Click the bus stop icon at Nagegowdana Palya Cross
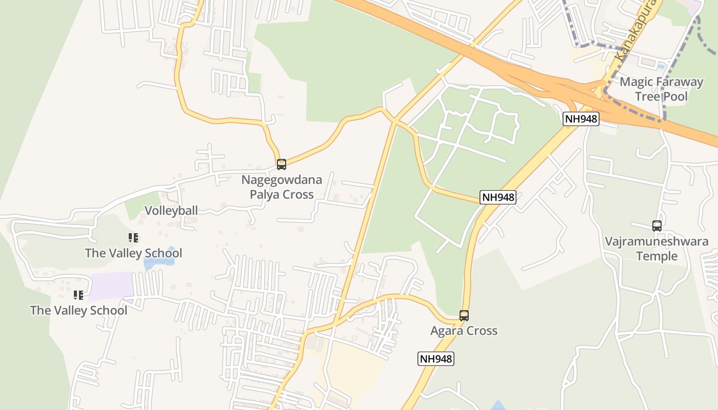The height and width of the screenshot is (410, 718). (281, 165)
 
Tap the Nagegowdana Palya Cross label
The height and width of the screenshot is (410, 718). (282, 187)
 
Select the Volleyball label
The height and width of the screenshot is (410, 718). (171, 211)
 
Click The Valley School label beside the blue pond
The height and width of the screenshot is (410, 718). (133, 253)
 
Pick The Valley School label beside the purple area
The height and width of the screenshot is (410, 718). (78, 311)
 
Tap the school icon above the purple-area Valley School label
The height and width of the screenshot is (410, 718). (78, 295)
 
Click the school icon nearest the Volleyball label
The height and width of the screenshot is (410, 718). (133, 238)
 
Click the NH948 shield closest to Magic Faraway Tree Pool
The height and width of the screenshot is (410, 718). (581, 119)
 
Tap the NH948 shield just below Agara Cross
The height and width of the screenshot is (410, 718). (435, 359)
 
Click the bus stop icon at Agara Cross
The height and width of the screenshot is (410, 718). (464, 316)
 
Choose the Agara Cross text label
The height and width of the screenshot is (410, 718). (464, 331)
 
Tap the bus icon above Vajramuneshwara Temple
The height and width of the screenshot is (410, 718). (656, 225)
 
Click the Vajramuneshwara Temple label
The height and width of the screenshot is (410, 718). (656, 249)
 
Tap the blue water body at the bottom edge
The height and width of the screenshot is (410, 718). (496, 406)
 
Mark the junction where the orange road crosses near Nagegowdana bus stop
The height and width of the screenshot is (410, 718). (394, 120)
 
